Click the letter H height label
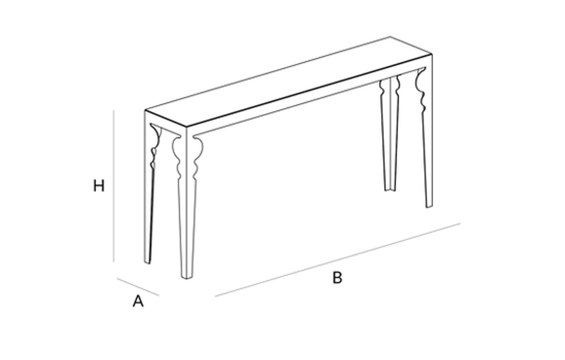point(99,186)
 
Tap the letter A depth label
point(138,301)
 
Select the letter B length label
point(337,278)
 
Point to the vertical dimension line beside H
point(114,186)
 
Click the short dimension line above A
point(137,286)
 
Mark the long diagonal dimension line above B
point(338,259)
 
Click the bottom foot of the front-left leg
point(186,276)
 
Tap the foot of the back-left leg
point(147,261)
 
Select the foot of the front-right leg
point(429,205)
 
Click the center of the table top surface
point(288,82)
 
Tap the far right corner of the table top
point(432,55)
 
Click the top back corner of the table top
point(390,36)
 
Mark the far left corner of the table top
point(145,111)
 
